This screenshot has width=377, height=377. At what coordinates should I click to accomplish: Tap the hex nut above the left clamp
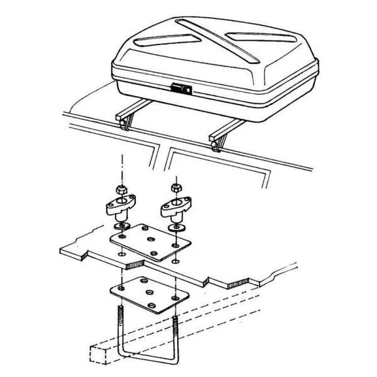121,190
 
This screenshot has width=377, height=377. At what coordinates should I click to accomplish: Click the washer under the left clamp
123,224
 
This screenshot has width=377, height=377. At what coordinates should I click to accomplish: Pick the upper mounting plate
151,242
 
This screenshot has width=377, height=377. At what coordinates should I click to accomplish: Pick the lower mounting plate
150,294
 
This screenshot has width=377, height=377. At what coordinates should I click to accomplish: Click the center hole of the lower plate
149,292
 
